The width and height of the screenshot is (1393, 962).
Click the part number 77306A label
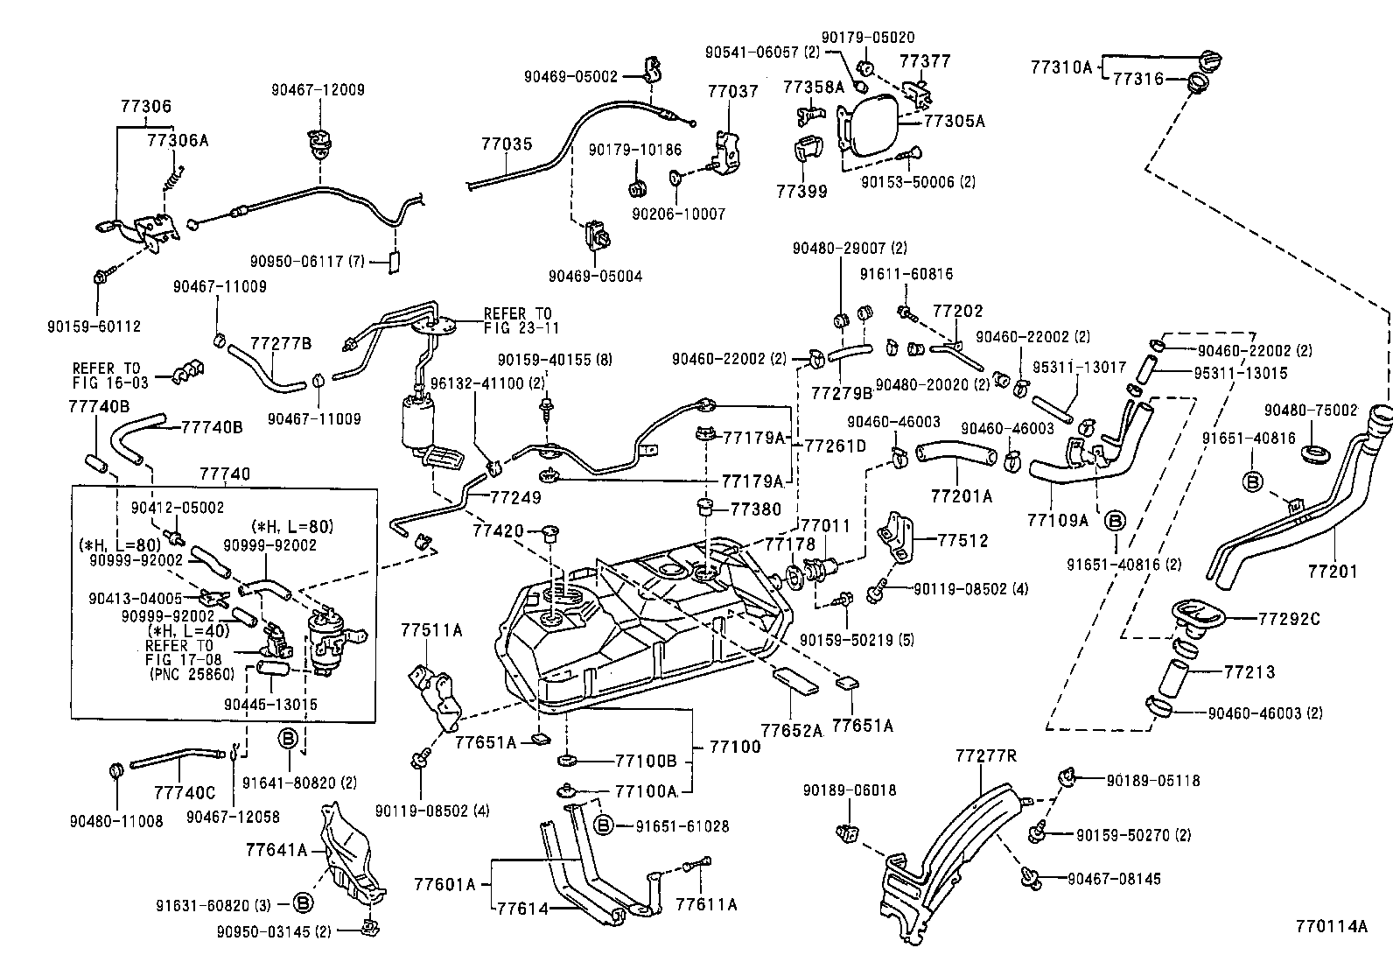[178, 139]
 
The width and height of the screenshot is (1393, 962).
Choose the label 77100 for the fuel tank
[735, 747]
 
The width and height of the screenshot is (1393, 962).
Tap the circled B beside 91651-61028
[602, 825]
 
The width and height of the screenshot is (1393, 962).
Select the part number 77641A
[276, 849]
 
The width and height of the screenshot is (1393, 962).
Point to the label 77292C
[1289, 619]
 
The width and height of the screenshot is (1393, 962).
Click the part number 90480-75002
[1311, 410]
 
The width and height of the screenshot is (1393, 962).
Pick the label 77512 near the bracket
[962, 540]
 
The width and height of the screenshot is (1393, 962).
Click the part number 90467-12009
[318, 89]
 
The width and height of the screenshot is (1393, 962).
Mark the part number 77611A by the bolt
[706, 904]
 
